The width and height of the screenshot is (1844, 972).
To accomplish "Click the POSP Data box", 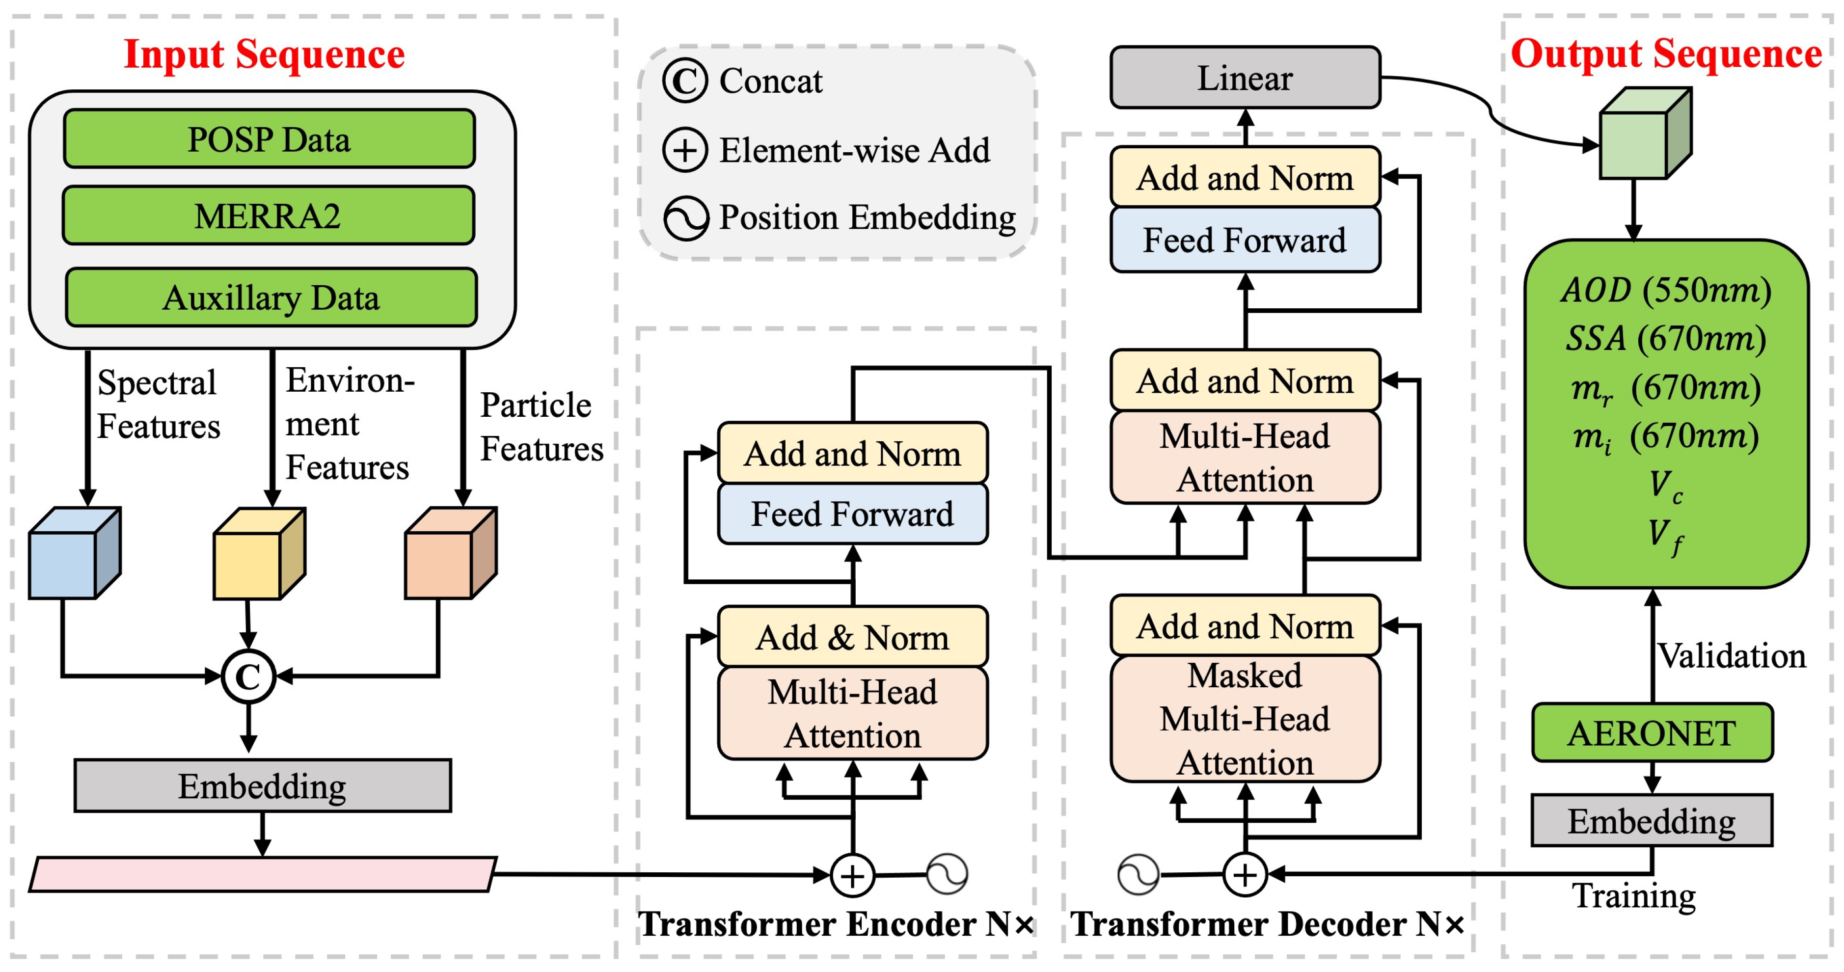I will tap(269, 139).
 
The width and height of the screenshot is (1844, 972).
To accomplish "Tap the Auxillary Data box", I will tap(271, 297).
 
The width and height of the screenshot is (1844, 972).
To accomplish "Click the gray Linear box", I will tap(1245, 77).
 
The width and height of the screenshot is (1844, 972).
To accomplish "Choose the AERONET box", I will tap(1652, 733).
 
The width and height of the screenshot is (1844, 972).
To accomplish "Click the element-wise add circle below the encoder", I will tap(852, 875).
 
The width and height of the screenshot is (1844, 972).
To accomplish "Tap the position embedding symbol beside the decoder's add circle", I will tap(1138, 875).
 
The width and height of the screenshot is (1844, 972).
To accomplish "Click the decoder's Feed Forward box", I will tap(1245, 240).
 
